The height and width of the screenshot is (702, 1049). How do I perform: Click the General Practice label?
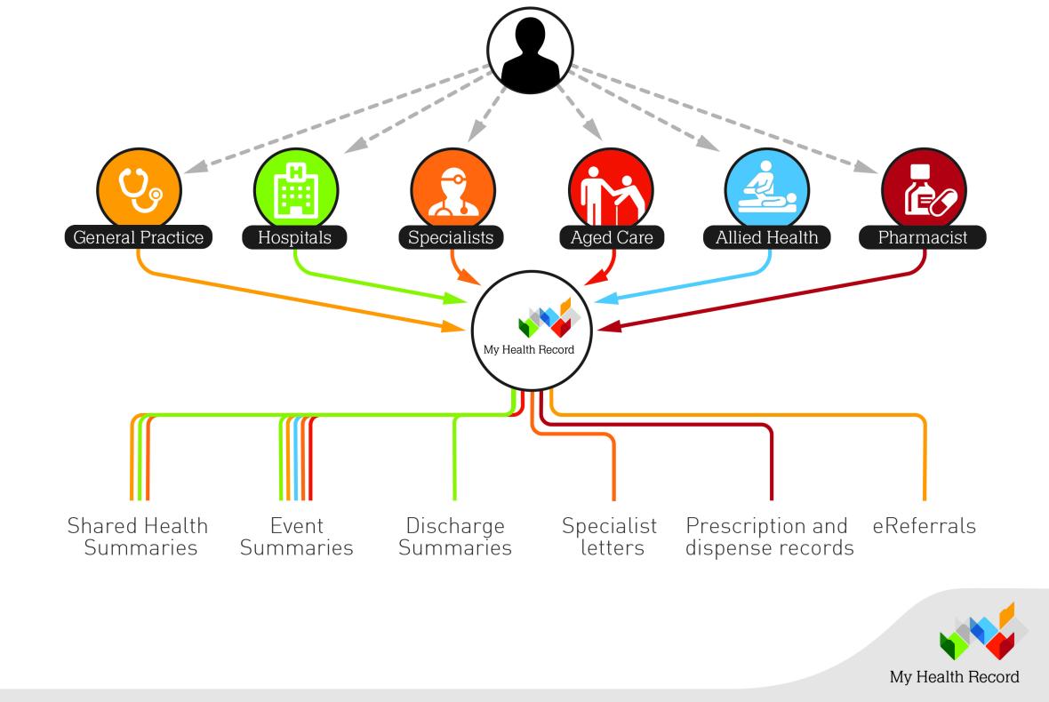pos(139,237)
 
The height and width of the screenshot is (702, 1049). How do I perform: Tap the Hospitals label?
pos(295,237)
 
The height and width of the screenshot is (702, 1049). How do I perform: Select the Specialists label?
pos(452,237)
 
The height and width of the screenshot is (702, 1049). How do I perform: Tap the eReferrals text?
pos(925,526)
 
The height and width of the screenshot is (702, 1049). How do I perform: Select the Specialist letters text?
pos(610,536)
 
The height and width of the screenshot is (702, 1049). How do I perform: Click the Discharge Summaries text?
pos(455,536)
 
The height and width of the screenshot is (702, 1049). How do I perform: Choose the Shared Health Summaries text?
pos(138,536)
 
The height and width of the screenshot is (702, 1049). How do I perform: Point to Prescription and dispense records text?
pos(770,536)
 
